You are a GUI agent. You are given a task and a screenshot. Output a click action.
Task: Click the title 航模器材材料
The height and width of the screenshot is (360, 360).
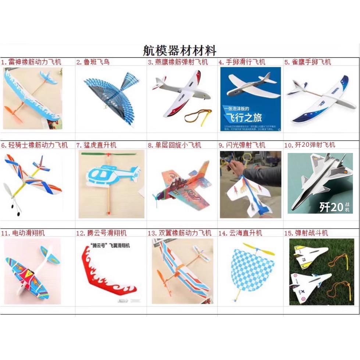[x=180, y=50]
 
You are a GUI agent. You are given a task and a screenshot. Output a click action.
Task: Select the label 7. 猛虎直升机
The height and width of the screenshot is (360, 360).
[x=96, y=145]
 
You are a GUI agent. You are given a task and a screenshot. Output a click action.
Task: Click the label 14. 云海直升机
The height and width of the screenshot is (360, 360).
[x=240, y=233]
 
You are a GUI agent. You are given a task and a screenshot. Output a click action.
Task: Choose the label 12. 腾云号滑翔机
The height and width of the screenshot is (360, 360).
[x=101, y=233]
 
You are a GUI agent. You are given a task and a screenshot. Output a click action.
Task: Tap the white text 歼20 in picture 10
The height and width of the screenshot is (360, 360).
[x=331, y=207]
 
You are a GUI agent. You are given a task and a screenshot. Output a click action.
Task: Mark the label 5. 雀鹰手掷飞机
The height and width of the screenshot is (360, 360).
[x=307, y=62]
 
